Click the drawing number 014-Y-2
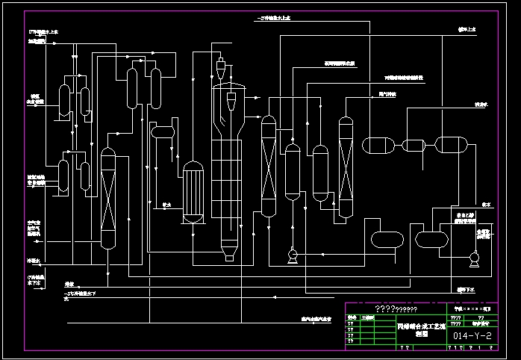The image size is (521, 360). pyautogui.click(x=472, y=337)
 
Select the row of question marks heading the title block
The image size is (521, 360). pyautogui.click(x=396, y=308)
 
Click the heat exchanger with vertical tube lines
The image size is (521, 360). pyautogui.click(x=194, y=193)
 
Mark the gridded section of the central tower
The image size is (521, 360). pyautogui.click(x=228, y=187)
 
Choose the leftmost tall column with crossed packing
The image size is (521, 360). pyautogui.click(x=109, y=198)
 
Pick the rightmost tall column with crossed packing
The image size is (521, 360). pyautogui.click(x=345, y=168)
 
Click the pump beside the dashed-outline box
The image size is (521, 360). pyautogui.click(x=472, y=260)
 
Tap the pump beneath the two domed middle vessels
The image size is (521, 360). pyautogui.click(x=292, y=257)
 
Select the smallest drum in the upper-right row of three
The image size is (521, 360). pyautogui.click(x=413, y=145)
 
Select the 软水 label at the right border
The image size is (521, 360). pyautogui.click(x=486, y=204)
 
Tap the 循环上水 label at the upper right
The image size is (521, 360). pyautogui.click(x=467, y=31)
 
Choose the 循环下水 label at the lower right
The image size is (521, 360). pyautogui.click(x=464, y=288)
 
